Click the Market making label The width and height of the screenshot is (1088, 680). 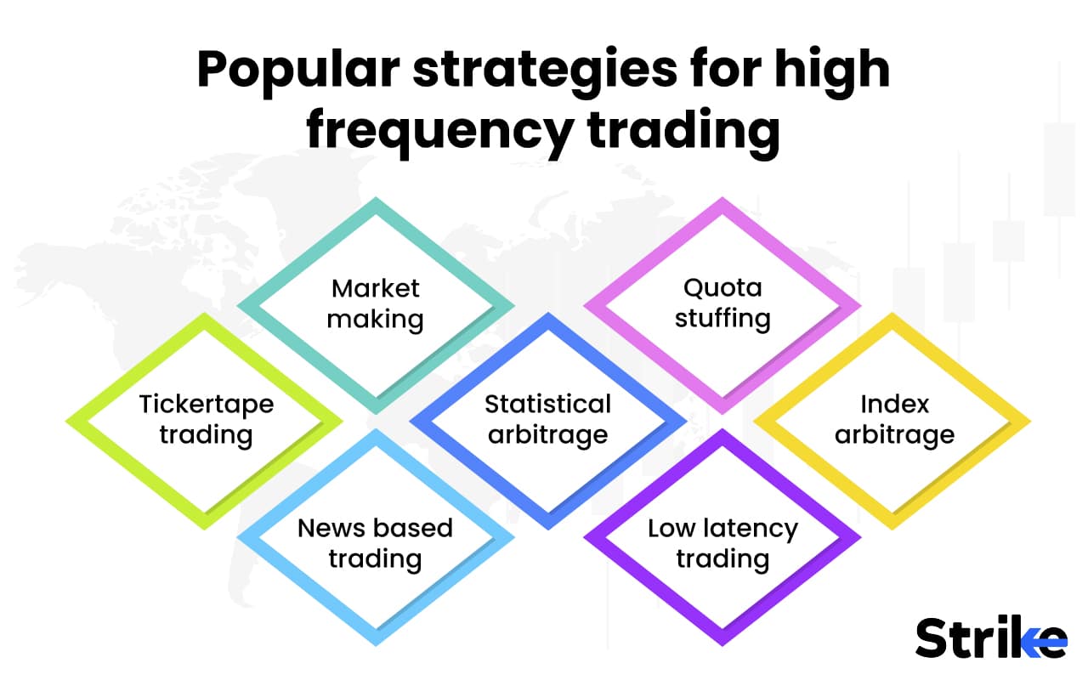[x=375, y=303]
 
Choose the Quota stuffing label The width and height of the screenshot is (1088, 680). [x=722, y=303]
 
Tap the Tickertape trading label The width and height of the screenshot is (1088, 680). [x=206, y=419]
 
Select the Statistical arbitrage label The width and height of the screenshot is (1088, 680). [x=548, y=419]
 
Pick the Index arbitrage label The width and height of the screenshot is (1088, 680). [x=894, y=419]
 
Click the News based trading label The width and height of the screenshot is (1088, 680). [x=375, y=543]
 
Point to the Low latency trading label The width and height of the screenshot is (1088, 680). [x=722, y=543]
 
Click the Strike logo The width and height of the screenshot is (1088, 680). [x=990, y=637]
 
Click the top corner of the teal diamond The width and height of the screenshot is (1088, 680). [x=375, y=200]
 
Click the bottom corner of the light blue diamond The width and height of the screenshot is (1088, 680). [x=375, y=643]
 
